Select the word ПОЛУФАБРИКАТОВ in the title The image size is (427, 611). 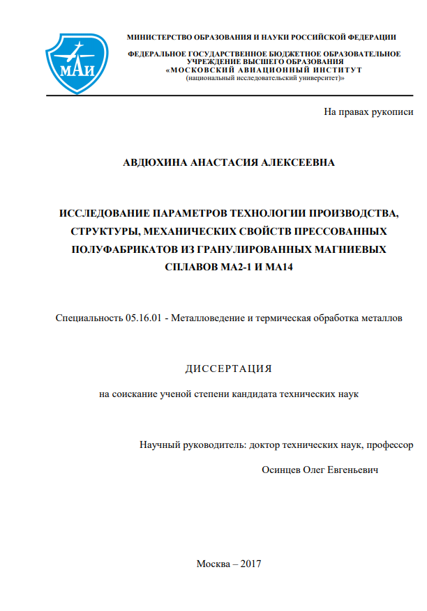click(127, 249)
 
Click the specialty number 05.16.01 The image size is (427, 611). click(144, 318)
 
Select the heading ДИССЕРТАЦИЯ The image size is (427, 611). click(228, 369)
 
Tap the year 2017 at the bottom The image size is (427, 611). click(249, 564)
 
